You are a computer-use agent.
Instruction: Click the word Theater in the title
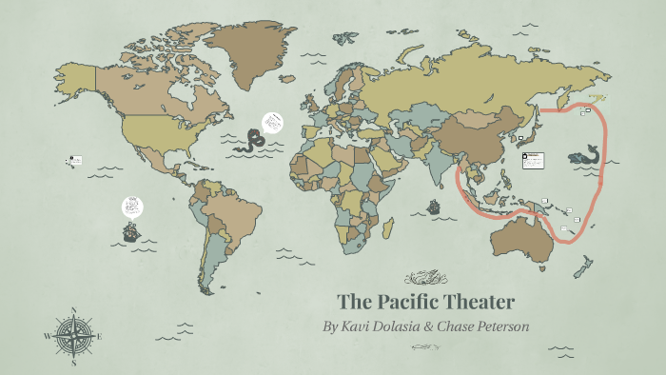482,303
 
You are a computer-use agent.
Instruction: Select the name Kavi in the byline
361,326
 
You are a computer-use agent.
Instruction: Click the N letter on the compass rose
73,309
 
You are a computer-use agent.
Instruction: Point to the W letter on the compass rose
47,336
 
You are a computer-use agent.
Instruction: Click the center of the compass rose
73,336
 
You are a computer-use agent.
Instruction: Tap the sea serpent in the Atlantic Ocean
252,141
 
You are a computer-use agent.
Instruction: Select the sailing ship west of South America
130,231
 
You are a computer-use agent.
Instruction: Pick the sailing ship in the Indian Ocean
434,207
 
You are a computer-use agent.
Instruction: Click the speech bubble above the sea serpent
273,121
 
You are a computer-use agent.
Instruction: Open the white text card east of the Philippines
532,161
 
